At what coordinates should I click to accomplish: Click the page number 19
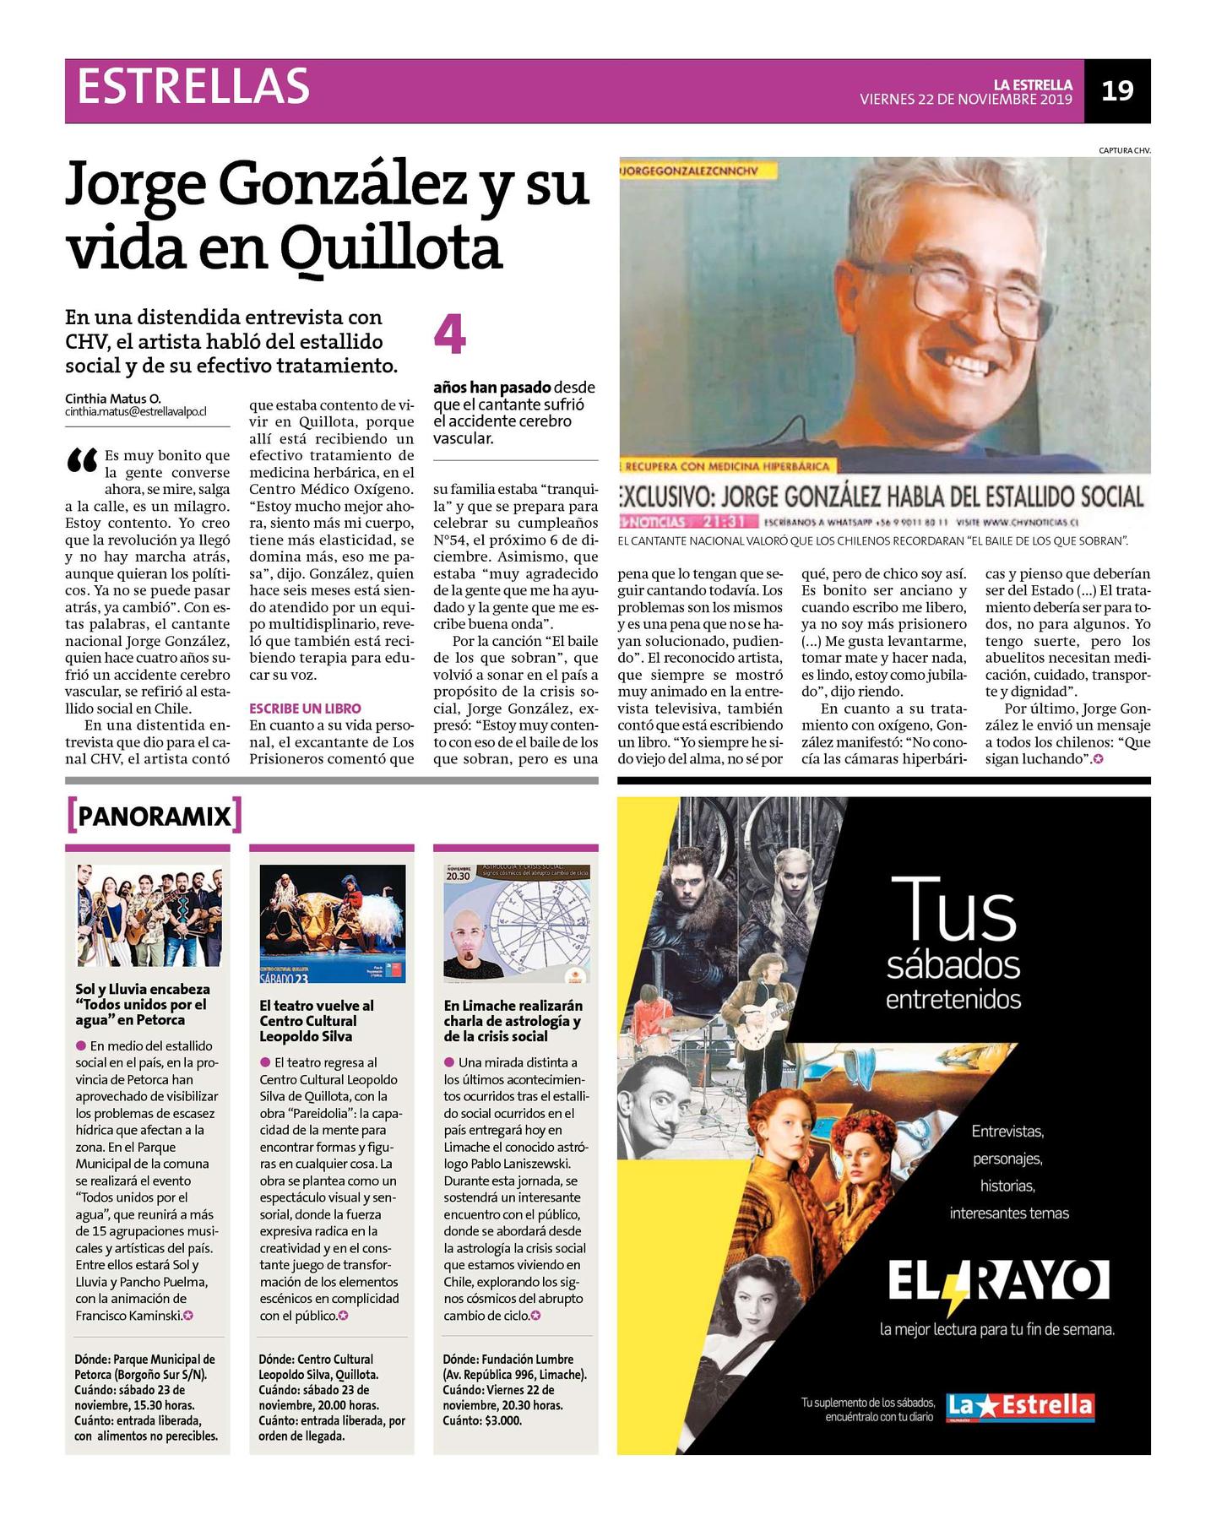(x=1117, y=90)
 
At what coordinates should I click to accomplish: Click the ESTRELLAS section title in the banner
(x=193, y=87)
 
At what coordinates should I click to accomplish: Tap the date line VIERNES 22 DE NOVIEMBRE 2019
(x=965, y=100)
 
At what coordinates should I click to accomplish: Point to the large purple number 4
(x=449, y=334)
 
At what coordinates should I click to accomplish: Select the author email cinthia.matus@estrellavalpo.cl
(x=135, y=412)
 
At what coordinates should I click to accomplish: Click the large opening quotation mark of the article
(x=82, y=461)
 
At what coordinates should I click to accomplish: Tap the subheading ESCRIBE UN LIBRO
(x=305, y=708)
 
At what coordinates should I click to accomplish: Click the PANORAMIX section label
(x=154, y=816)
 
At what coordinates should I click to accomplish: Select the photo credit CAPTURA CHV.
(x=1124, y=150)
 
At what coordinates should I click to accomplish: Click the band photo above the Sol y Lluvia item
(x=148, y=915)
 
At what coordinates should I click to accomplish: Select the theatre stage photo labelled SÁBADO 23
(x=332, y=923)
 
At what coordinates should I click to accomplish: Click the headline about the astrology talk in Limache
(x=513, y=1021)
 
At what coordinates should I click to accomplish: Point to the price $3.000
(x=503, y=1420)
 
